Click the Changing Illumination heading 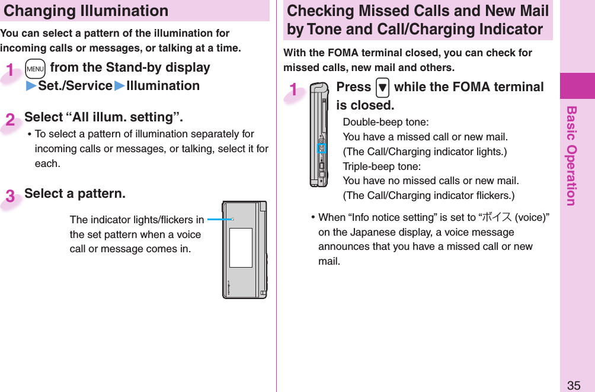point(87,11)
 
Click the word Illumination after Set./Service point(163,86)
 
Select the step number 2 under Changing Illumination point(11,120)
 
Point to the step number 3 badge point(11,197)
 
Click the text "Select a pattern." point(75,194)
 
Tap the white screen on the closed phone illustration point(241,248)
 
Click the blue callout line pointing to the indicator point(219,219)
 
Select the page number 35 point(573,385)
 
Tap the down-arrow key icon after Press point(382,88)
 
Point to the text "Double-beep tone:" point(386,123)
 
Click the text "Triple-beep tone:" point(382,166)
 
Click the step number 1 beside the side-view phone point(293,90)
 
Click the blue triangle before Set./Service point(31,86)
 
